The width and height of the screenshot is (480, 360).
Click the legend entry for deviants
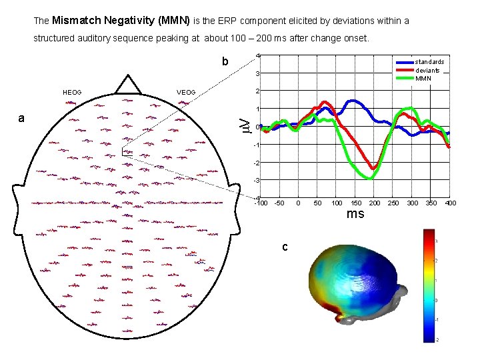pyautogui.click(x=427, y=70)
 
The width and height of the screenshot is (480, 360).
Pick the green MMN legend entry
pyautogui.click(x=423, y=78)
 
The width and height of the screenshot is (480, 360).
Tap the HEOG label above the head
pyautogui.click(x=71, y=92)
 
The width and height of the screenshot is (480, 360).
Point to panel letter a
pyautogui.click(x=22, y=119)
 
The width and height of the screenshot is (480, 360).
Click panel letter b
pyautogui.click(x=225, y=62)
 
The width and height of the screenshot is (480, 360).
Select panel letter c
pyautogui.click(x=284, y=247)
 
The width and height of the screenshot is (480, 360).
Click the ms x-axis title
pyautogui.click(x=355, y=214)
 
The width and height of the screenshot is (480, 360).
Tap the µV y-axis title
pyautogui.click(x=245, y=125)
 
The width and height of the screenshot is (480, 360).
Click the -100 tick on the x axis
pyautogui.click(x=261, y=203)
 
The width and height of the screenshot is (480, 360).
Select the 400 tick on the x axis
pyautogui.click(x=450, y=203)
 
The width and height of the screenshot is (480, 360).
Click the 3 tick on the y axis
pyautogui.click(x=257, y=73)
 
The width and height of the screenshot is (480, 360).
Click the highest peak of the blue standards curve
pyautogui.click(x=351, y=101)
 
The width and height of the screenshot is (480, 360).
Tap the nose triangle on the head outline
pyautogui.click(x=127, y=84)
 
